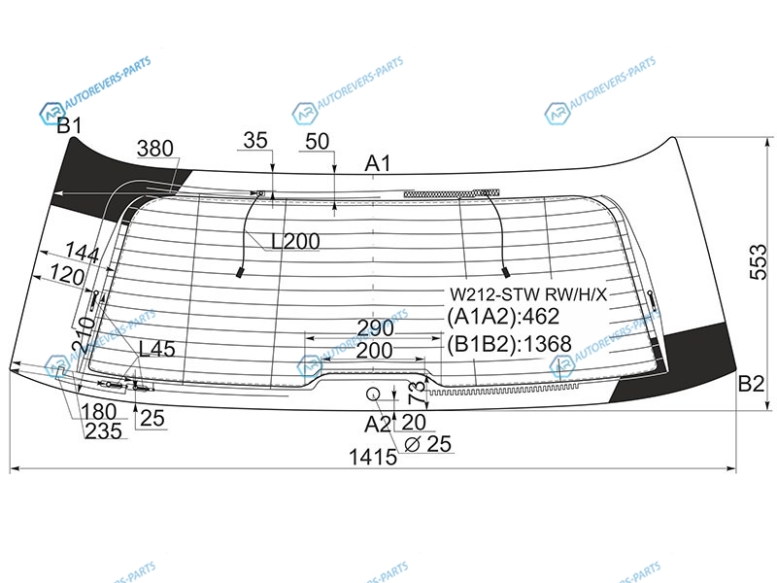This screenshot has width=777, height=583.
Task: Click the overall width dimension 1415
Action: pos(373,457)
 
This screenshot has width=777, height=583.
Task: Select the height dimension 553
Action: pos(758,262)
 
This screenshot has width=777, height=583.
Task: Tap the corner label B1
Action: pos(69,126)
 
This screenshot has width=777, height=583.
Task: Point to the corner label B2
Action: pos(751,383)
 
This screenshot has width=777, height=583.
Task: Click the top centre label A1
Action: pos(378,163)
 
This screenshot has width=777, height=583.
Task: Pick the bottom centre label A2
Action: pos(378,425)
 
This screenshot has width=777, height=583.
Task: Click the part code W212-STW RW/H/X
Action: pos(528,294)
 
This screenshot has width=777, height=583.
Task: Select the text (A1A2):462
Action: pos(503,317)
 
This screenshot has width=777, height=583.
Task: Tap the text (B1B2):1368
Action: pos(509,344)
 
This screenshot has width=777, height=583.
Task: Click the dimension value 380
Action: pos(155,149)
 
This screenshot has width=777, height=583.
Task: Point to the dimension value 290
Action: pos(375,327)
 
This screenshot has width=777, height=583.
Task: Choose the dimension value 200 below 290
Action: pos(374,351)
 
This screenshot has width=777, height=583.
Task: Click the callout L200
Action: pos(295,241)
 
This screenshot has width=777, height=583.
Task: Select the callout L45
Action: pos(156,349)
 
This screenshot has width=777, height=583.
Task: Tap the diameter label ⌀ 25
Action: pos(427,444)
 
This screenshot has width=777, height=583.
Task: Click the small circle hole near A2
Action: pos(373,394)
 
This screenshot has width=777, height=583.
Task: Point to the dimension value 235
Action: pos(103,430)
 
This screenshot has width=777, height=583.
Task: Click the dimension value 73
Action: pos(418,393)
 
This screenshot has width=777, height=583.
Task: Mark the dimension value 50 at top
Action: pos(318,142)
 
